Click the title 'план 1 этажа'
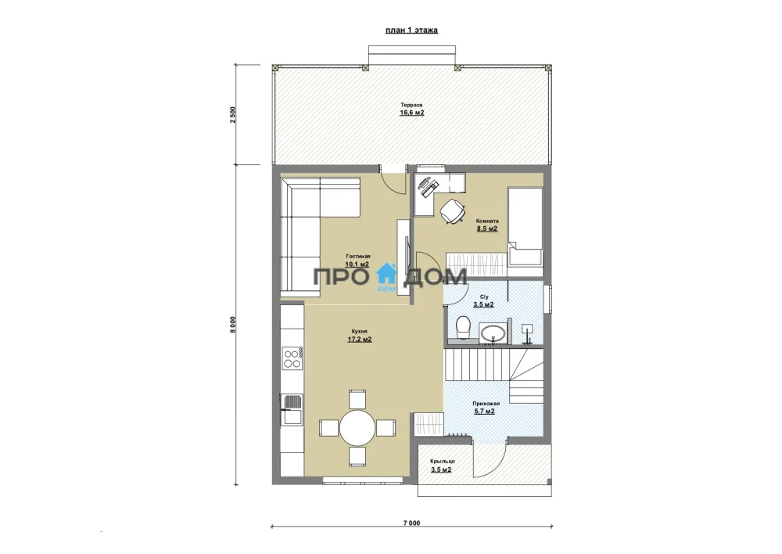(x=411, y=30)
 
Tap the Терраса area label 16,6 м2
(x=412, y=113)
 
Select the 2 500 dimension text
(x=233, y=115)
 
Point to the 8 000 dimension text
(x=233, y=325)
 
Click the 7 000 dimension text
(x=412, y=523)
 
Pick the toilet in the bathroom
(x=464, y=326)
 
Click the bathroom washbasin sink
(x=493, y=333)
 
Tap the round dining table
(x=357, y=428)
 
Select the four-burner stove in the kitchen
(x=292, y=358)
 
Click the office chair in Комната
(x=453, y=210)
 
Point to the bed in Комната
(x=526, y=225)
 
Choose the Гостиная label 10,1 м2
(x=357, y=264)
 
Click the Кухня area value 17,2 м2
(x=360, y=340)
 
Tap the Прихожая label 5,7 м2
(x=484, y=412)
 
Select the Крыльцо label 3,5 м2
(x=441, y=469)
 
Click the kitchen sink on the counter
(x=292, y=409)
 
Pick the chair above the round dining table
(x=357, y=399)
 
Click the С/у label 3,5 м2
(x=483, y=304)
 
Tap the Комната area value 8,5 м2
(x=486, y=228)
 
